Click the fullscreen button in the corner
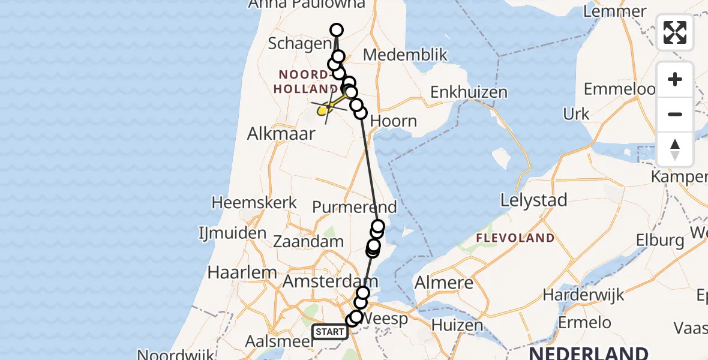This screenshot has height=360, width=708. [675, 32]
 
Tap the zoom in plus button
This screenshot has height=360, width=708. [675, 79]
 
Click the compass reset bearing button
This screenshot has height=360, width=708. [675, 149]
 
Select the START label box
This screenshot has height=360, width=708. [330, 332]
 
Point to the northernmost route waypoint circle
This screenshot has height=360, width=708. [337, 30]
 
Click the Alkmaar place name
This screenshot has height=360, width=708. [281, 133]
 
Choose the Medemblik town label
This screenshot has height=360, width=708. [406, 55]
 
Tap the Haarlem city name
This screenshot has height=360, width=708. [239, 272]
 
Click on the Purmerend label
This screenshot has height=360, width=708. [355, 208]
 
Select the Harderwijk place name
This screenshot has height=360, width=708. [583, 295]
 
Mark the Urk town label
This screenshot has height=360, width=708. [577, 113]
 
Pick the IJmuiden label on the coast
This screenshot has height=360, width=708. [233, 233]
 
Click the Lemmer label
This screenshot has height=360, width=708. [618, 11]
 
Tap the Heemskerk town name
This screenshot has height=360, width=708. [254, 202]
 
